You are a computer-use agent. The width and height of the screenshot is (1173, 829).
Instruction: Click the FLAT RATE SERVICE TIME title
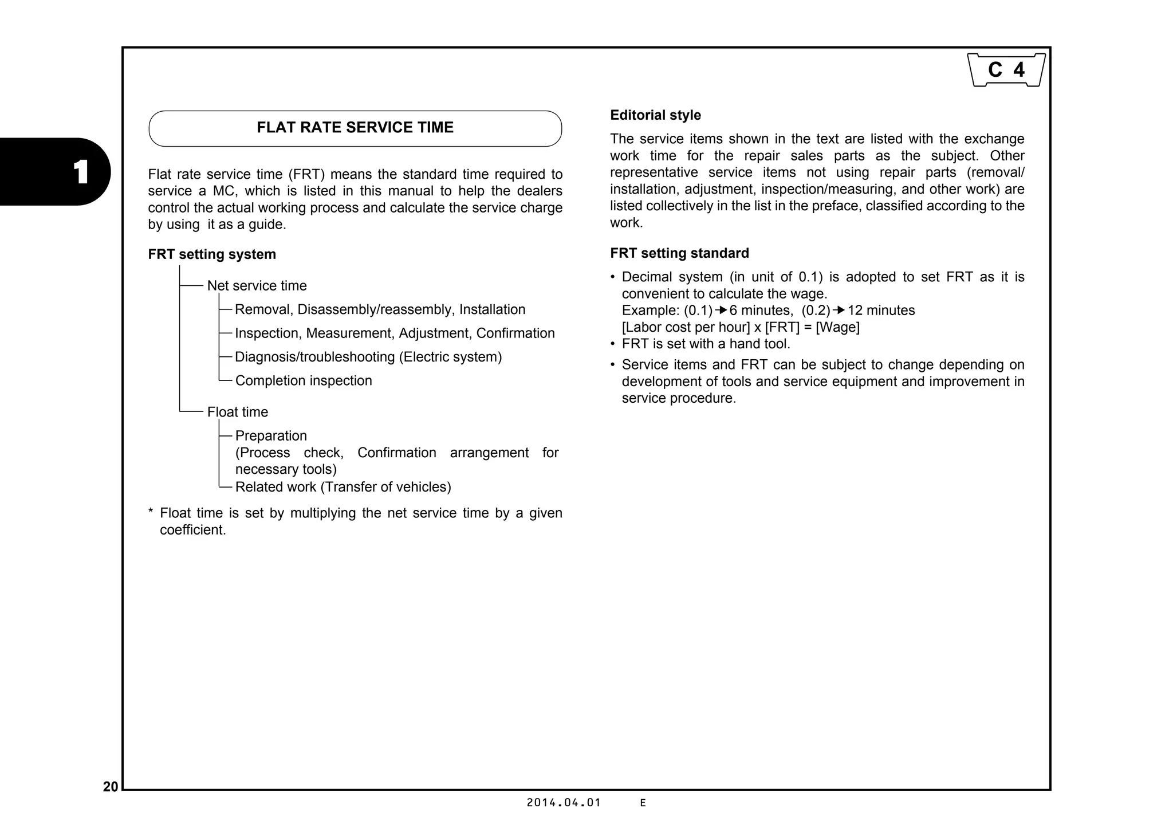point(355,128)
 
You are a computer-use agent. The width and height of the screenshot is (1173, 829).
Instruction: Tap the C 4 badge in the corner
point(1006,70)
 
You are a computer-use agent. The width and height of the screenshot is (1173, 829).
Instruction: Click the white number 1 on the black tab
point(81,172)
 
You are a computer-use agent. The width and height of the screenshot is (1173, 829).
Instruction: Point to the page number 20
point(111,787)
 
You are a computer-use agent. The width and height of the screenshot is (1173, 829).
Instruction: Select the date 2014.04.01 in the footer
point(564,803)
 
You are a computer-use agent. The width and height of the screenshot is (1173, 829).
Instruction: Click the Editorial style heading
point(655,115)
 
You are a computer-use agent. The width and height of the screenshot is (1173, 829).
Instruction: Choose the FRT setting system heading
point(212,254)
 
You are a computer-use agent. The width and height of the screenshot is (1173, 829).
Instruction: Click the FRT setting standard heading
point(679,253)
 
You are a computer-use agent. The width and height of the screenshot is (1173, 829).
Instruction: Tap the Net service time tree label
point(257,286)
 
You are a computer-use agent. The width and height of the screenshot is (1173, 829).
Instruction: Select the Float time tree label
point(237,412)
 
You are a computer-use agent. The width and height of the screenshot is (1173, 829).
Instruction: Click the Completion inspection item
point(304,380)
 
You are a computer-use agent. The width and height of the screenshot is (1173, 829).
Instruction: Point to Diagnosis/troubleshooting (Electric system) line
point(368,357)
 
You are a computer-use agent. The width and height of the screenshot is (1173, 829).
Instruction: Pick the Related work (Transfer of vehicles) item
point(343,487)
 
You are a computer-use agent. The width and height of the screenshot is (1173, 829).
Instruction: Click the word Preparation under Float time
point(271,436)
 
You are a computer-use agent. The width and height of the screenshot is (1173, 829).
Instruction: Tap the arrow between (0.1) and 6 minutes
point(721,311)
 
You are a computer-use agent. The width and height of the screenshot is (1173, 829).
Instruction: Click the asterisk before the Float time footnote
point(151,512)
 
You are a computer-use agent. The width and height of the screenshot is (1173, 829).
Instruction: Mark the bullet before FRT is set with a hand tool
point(612,344)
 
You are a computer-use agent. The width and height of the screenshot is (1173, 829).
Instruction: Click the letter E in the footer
point(643,803)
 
